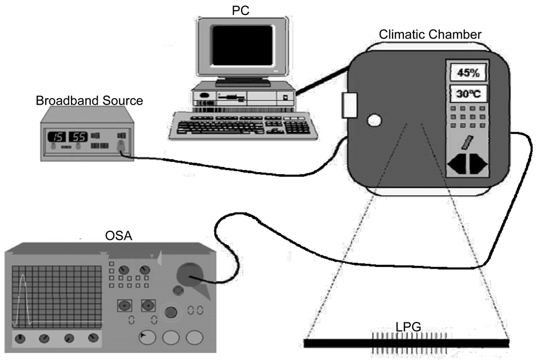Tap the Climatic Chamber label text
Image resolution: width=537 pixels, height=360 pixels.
pyautogui.click(x=430, y=35)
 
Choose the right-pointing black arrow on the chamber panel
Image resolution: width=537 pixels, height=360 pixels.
pyautogui.click(x=477, y=165)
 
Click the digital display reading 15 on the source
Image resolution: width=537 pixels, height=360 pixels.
pyautogui.click(x=57, y=136)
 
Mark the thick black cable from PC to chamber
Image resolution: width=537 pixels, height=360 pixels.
pyautogui.click(x=322, y=83)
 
